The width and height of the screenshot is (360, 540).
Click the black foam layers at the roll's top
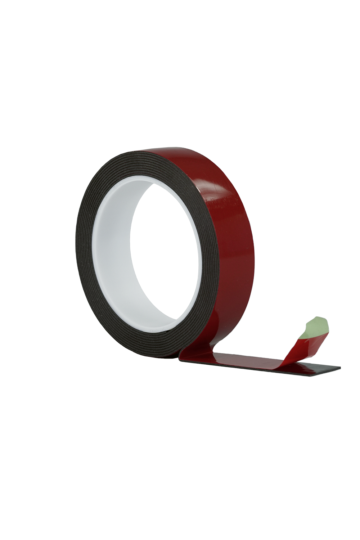pos(144,158)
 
